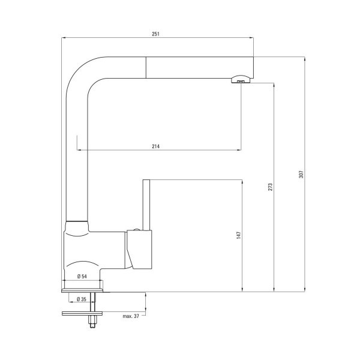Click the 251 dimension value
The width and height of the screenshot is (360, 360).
tap(155, 34)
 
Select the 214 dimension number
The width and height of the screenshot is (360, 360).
tap(155, 146)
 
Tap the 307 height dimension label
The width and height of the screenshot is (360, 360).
tap(301, 174)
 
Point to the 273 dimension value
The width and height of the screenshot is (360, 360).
tap(270, 187)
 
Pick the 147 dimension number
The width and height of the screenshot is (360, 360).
tap(239, 235)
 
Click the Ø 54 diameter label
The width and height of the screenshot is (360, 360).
tap(82, 277)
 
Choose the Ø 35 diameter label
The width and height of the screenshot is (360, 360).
tap(82, 299)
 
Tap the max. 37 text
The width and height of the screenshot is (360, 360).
tap(131, 316)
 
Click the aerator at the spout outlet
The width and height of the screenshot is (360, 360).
tap(240, 79)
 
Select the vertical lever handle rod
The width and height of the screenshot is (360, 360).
tap(146, 205)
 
